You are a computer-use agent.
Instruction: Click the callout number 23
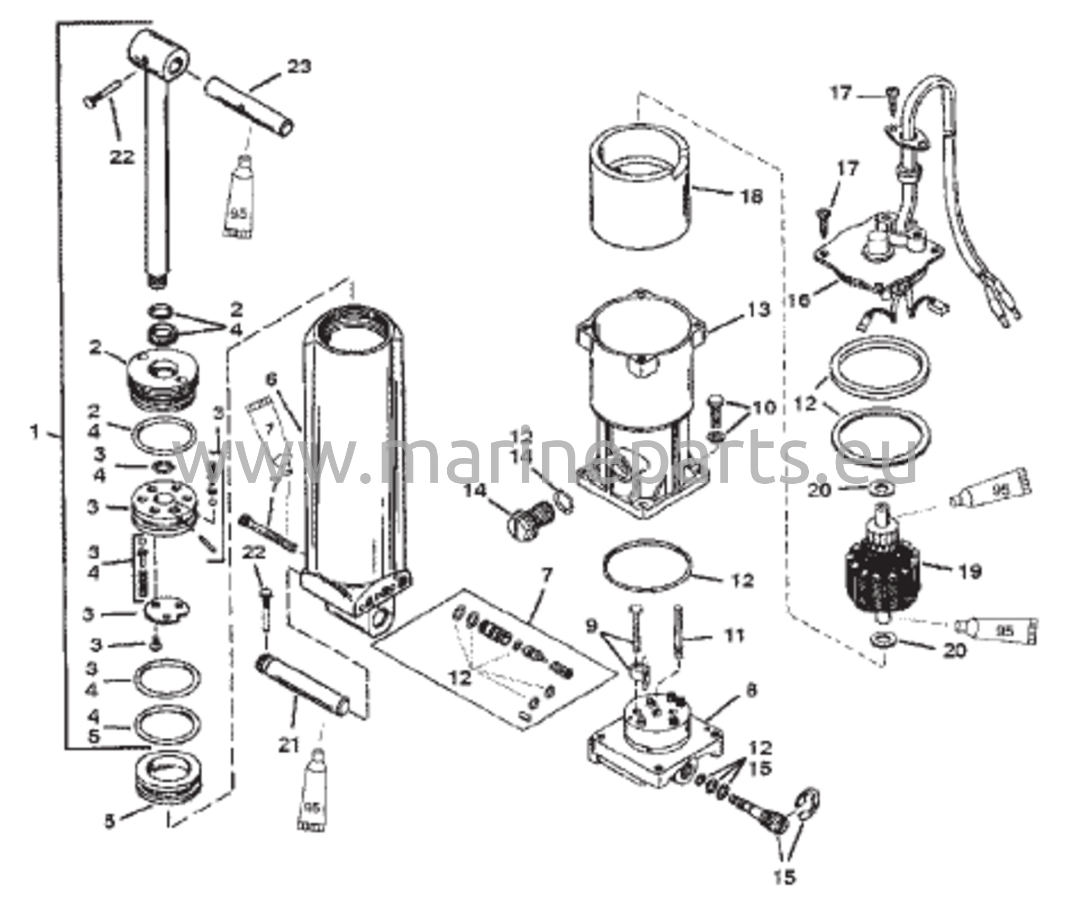[x=299, y=67]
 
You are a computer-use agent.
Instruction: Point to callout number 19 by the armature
[x=970, y=571]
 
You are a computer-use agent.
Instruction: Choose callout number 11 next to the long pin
[x=734, y=635]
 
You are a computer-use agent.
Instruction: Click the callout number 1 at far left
[x=35, y=433]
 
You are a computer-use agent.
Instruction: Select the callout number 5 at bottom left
[x=109, y=822]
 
